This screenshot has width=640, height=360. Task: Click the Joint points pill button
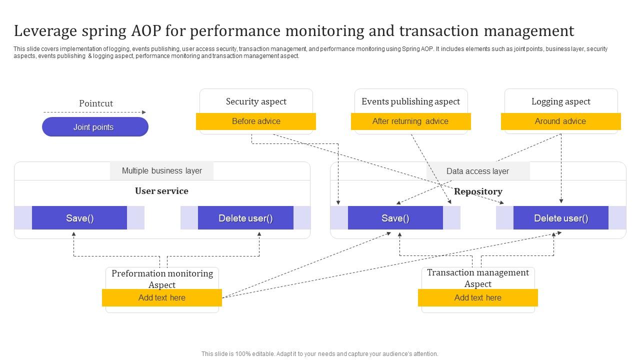pyautogui.click(x=95, y=127)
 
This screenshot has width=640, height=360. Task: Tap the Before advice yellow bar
pyautogui.click(x=256, y=121)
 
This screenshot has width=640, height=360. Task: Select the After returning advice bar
pyautogui.click(x=410, y=121)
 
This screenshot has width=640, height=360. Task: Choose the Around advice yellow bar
pyautogui.click(x=560, y=121)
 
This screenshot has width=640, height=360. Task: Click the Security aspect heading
pyautogui.click(x=256, y=101)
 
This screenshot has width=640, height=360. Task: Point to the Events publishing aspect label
pyautogui.click(x=410, y=101)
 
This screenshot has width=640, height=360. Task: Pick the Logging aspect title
pyautogui.click(x=560, y=101)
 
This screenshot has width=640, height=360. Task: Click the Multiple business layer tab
pyautogui.click(x=161, y=171)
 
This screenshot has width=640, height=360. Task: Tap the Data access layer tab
pyautogui.click(x=477, y=171)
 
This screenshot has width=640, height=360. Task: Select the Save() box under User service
pyautogui.click(x=79, y=218)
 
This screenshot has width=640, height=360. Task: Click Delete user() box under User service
pyautogui.click(x=245, y=218)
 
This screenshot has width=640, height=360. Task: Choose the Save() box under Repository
pyautogui.click(x=395, y=218)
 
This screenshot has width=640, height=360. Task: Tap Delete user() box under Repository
pyautogui.click(x=561, y=218)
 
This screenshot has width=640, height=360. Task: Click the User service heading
pyautogui.click(x=161, y=191)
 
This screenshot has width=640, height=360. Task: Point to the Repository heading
pyautogui.click(x=478, y=191)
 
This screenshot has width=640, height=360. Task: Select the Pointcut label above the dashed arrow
pyautogui.click(x=96, y=103)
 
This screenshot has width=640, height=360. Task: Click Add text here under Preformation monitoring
pyautogui.click(x=162, y=298)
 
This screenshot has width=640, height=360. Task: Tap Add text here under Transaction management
pyautogui.click(x=478, y=298)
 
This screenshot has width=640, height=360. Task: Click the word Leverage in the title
pyautogui.click(x=42, y=31)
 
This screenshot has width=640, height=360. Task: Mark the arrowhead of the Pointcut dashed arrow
pyautogui.click(x=144, y=112)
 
